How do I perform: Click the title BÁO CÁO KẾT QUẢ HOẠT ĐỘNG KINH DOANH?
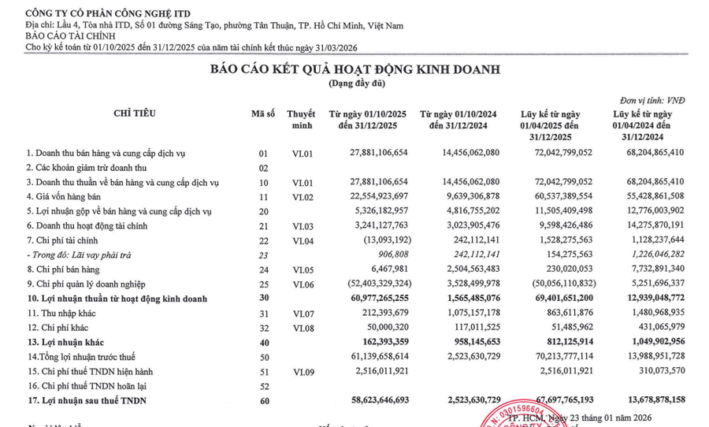tap(354, 69)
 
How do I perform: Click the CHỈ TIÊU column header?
tap(135, 113)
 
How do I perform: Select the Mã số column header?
tap(263, 113)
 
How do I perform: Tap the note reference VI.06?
tap(303, 284)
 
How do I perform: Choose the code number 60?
tap(264, 402)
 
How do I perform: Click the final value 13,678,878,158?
tap(648, 402)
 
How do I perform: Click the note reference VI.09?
tap(303, 371)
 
